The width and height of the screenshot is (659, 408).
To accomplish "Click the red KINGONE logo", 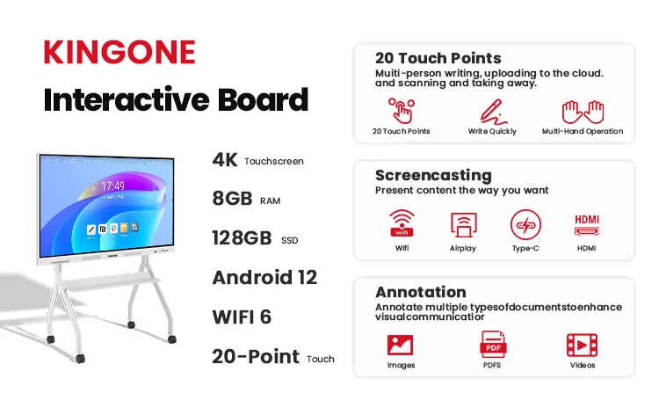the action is coord(119,52).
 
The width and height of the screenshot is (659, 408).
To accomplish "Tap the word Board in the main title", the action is coord(263,99).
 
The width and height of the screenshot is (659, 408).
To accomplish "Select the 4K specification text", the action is coord(225,160).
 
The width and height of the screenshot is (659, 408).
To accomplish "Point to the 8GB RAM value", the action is coord(232,199).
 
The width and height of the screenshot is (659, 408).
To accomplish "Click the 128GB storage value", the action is coord(242,238).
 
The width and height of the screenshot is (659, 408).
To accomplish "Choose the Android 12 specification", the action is coord(264,278).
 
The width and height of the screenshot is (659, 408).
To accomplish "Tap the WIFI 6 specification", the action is coord(242,317).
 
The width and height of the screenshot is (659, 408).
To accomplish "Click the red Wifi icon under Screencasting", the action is coord(402,223).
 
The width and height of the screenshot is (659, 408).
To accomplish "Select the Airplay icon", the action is coord(463,224).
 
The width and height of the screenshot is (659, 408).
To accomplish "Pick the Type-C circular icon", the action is coord(525,224).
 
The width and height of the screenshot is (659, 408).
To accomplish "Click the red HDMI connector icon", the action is coord(587,225).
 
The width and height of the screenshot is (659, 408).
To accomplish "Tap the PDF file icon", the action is coord(493,344).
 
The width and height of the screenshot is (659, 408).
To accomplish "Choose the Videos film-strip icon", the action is coord(582,345).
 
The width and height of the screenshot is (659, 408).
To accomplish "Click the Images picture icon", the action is coord(400,345).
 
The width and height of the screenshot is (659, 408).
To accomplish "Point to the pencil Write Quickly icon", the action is coord(493,112).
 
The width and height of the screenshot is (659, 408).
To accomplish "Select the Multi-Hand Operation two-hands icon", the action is coord(583,112).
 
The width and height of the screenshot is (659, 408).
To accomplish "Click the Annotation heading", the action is coord(421,292).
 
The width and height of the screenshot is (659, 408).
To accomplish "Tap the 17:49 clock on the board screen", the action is coord(112,186).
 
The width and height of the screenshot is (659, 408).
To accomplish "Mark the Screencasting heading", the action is coord(433,175).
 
